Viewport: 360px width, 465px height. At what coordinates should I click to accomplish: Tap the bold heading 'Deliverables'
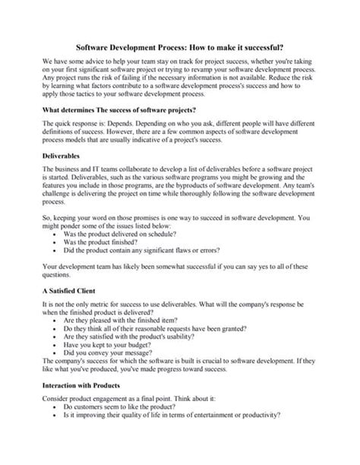pos(63,156)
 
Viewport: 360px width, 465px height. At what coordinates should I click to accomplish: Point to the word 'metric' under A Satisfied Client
pos(99,306)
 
